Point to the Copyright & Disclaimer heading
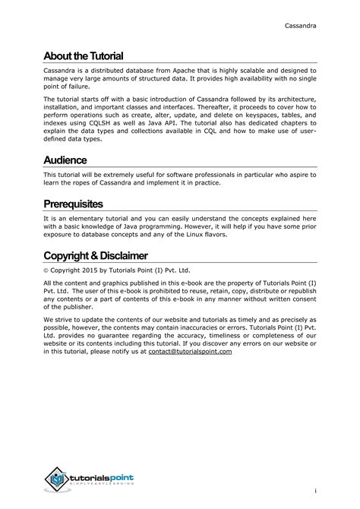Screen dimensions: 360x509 (96, 255)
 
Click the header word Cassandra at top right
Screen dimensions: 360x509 (301, 26)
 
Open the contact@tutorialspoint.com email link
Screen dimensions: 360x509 (190, 352)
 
